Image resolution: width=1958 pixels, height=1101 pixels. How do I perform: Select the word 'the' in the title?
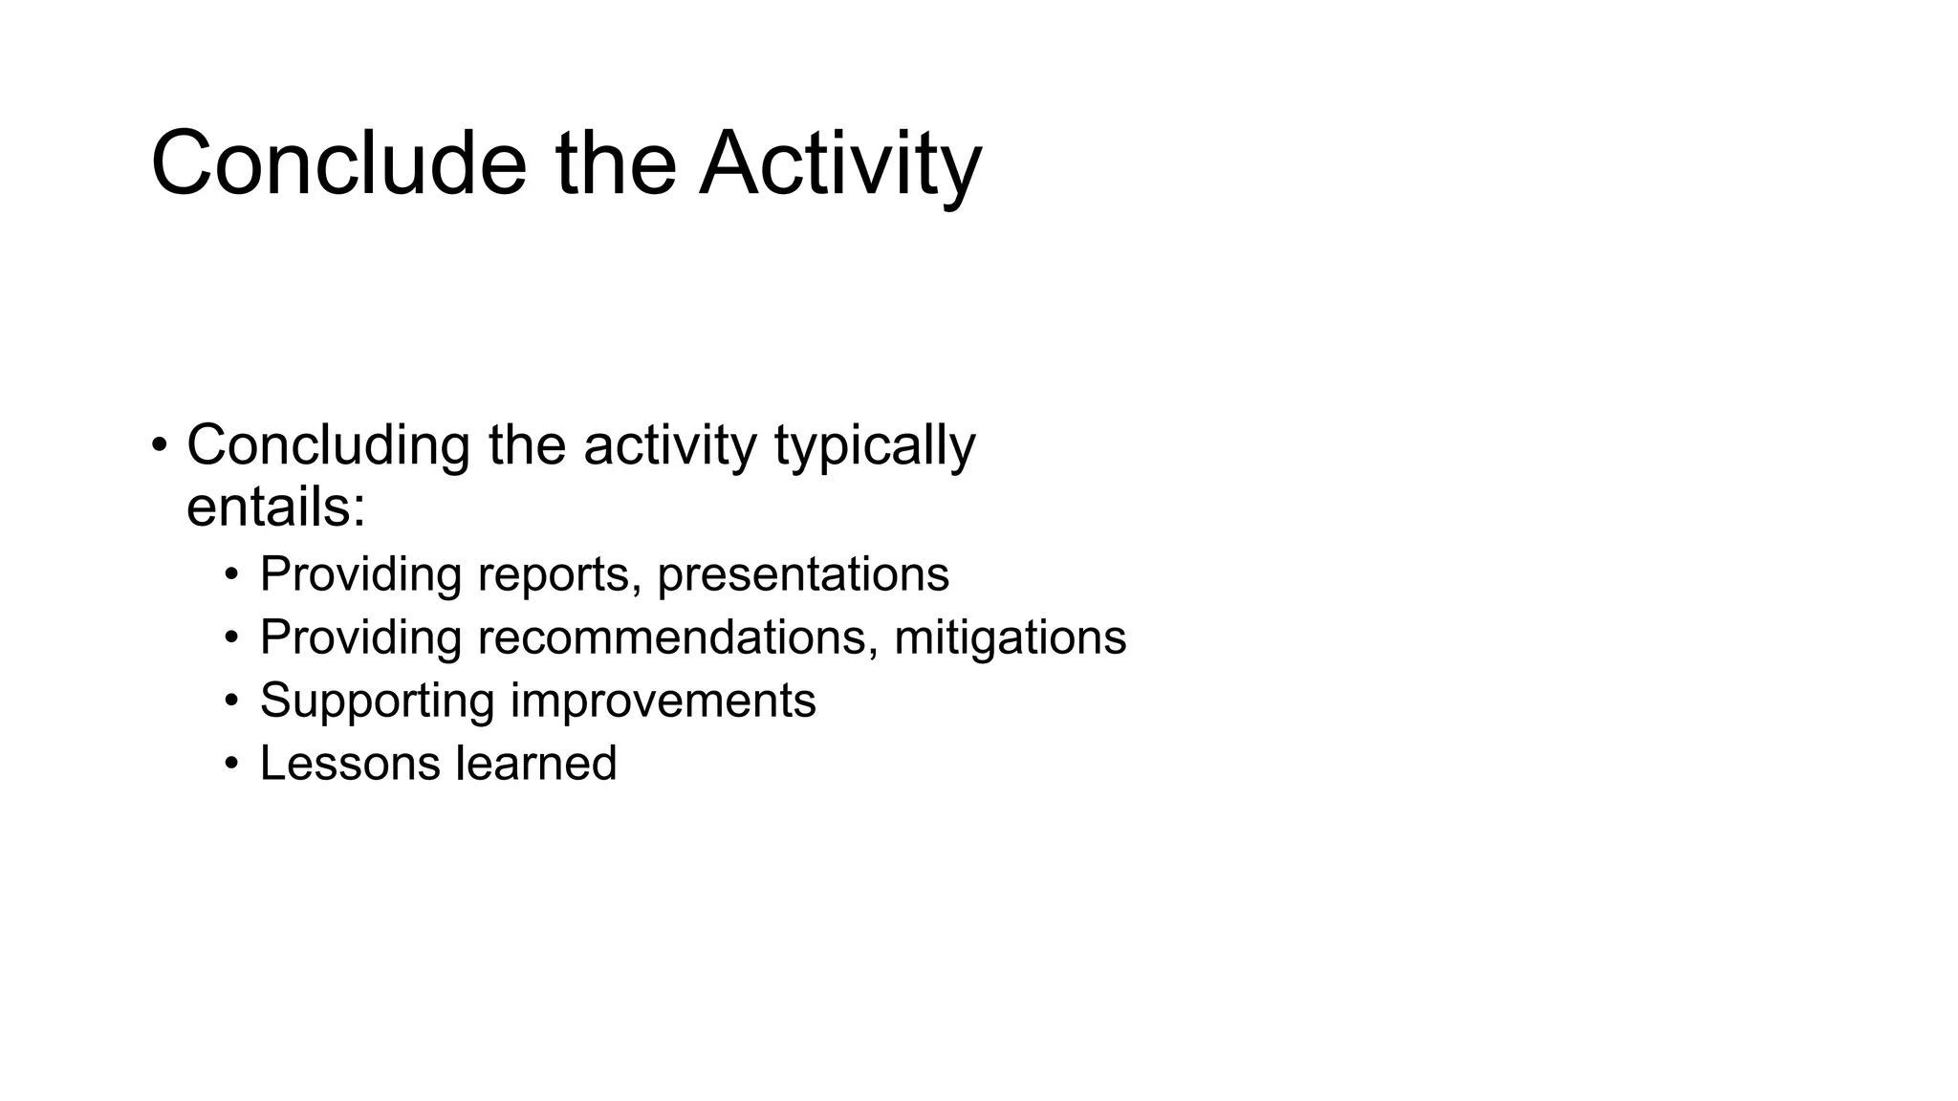615,163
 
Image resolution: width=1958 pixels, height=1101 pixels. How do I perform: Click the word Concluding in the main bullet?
327,445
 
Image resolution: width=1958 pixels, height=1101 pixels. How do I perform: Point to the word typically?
874,445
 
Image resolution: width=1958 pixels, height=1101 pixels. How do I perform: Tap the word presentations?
803,574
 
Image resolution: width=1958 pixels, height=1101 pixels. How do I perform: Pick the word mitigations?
1010,637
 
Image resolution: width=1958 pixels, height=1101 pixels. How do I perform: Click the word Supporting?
377,701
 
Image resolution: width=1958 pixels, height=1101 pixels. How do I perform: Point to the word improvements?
663,701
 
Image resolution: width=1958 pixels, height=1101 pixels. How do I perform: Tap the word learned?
535,764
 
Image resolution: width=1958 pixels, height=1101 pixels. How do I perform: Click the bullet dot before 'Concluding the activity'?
160,445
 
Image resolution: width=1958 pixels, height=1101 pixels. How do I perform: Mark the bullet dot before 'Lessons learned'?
231,764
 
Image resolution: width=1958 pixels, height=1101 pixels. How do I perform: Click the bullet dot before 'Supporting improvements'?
231,701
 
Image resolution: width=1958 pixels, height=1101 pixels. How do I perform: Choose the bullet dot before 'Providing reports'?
231,574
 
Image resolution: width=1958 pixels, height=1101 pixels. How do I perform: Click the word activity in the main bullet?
669,445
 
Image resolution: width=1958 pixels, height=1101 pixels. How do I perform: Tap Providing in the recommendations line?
360,637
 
